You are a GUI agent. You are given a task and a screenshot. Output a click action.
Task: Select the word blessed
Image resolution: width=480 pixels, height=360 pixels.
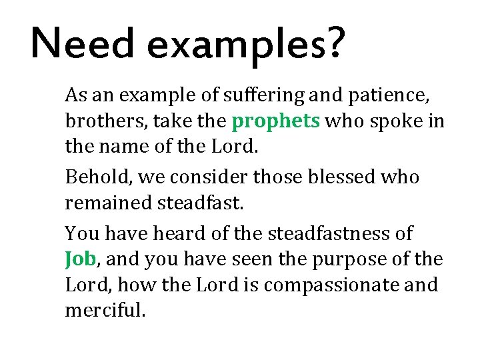pyautogui.click(x=354, y=177)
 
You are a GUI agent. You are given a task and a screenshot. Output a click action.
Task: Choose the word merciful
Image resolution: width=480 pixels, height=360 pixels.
pyautogui.click(x=104, y=311)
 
